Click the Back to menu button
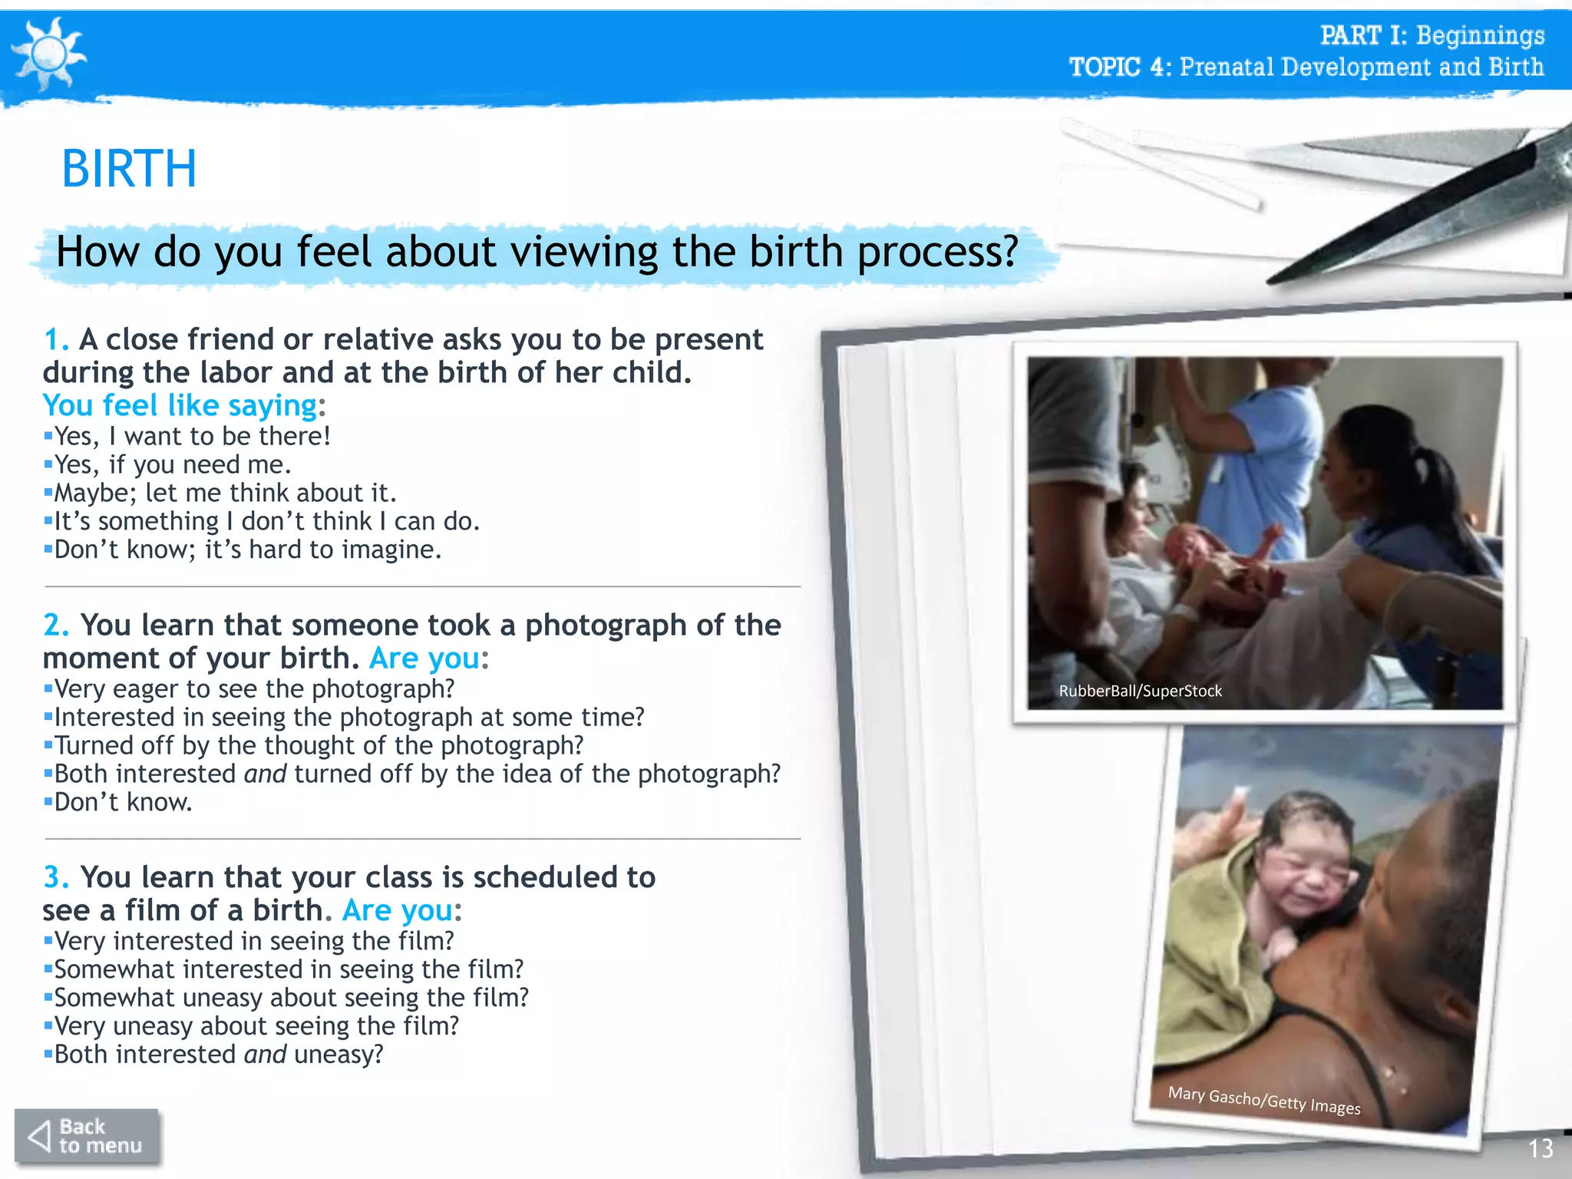(x=87, y=1136)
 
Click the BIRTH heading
(x=129, y=169)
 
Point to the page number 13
(x=1540, y=1148)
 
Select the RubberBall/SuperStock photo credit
(x=1140, y=691)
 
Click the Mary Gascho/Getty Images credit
(x=1263, y=1101)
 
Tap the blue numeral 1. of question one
(x=56, y=339)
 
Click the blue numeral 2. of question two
(x=56, y=625)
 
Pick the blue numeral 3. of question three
(x=56, y=877)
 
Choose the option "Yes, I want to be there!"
(x=192, y=436)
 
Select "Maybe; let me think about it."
(x=225, y=493)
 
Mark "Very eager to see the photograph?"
(x=254, y=689)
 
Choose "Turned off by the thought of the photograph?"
(x=319, y=745)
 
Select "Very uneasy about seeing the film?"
(x=256, y=1025)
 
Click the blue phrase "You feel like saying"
(x=180, y=405)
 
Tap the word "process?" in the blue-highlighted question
(x=937, y=252)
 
